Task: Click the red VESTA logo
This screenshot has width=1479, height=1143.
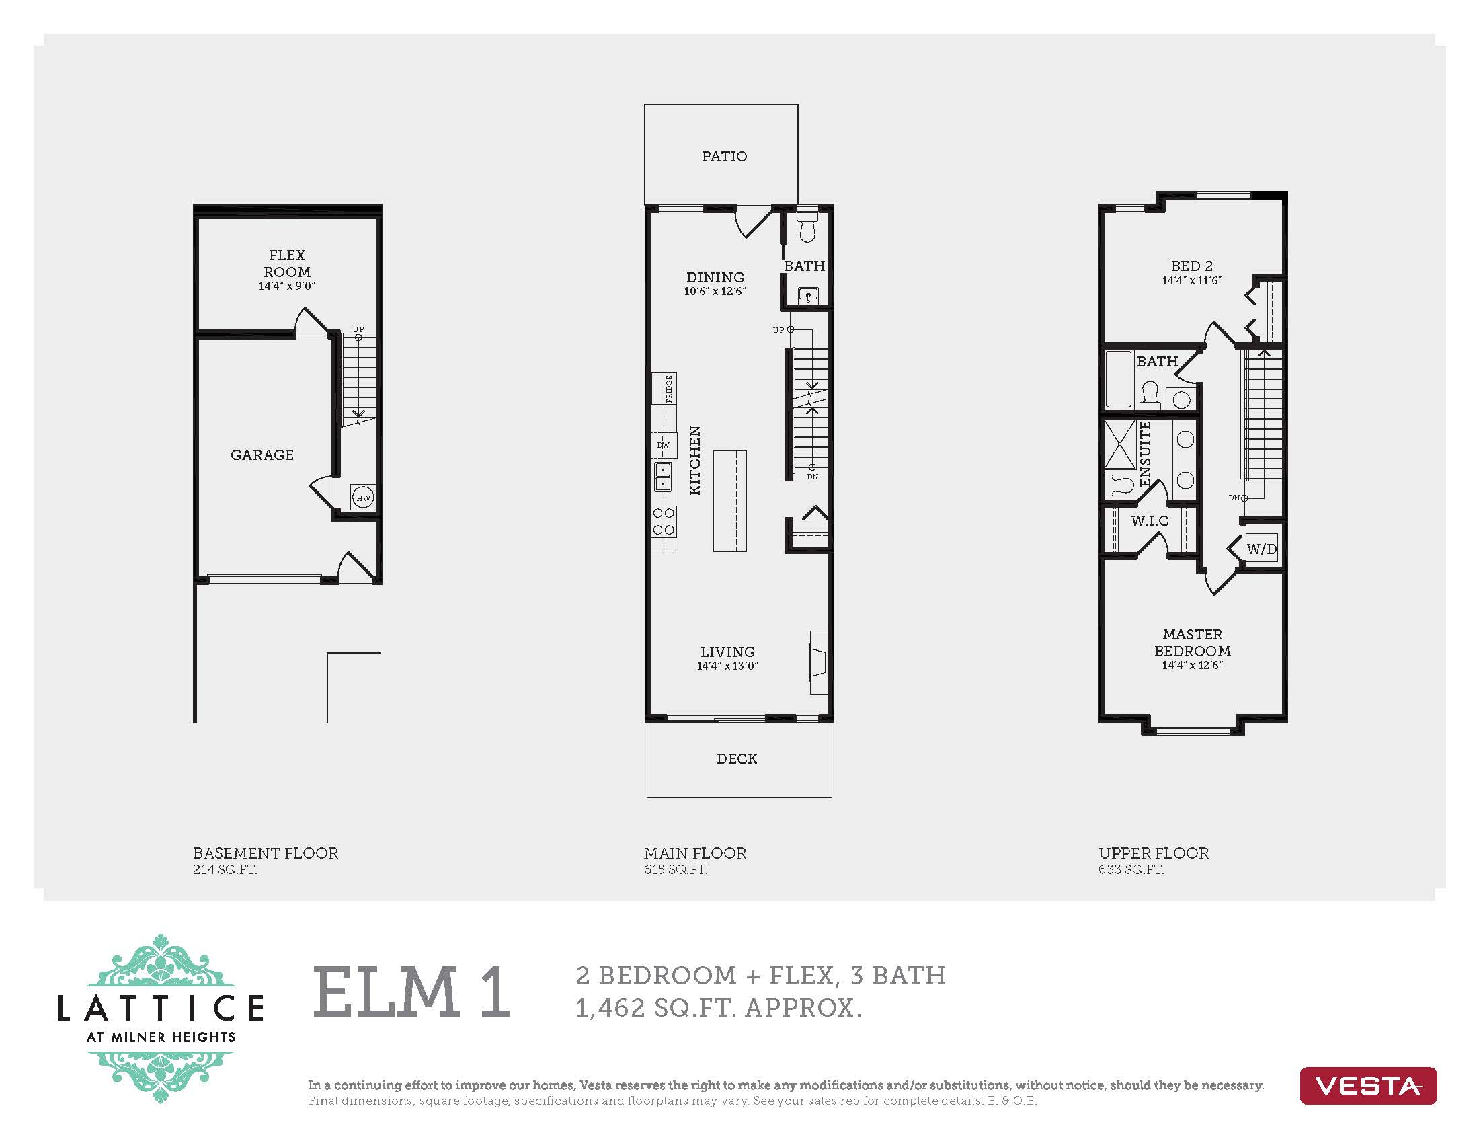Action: (1367, 1086)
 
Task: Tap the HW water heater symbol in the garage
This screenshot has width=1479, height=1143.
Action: (363, 498)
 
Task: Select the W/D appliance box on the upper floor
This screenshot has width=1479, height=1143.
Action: (1262, 549)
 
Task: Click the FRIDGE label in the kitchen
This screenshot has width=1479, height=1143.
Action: (668, 389)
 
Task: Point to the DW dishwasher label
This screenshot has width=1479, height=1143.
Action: (663, 445)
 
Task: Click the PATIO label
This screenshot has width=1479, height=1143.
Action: (724, 157)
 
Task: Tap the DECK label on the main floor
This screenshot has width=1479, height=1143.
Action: (737, 759)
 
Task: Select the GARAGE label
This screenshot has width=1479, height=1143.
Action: (262, 455)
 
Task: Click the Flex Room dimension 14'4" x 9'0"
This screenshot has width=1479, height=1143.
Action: (286, 286)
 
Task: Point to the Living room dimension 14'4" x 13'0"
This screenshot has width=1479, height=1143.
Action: (727, 666)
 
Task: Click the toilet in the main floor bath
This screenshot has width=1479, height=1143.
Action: (807, 227)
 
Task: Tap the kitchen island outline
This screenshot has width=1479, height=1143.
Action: (729, 501)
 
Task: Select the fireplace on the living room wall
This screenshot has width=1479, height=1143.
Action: (819, 662)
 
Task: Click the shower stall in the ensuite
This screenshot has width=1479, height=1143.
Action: (1119, 444)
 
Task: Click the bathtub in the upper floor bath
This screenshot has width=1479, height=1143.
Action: (1118, 379)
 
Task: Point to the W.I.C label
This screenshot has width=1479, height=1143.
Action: (1149, 520)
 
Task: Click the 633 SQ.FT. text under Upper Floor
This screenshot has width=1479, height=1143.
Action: (1131, 870)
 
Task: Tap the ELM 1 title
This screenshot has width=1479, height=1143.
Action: (411, 992)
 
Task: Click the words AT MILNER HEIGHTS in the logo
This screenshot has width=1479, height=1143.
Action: (161, 1037)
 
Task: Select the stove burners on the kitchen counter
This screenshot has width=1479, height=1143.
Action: (664, 521)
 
